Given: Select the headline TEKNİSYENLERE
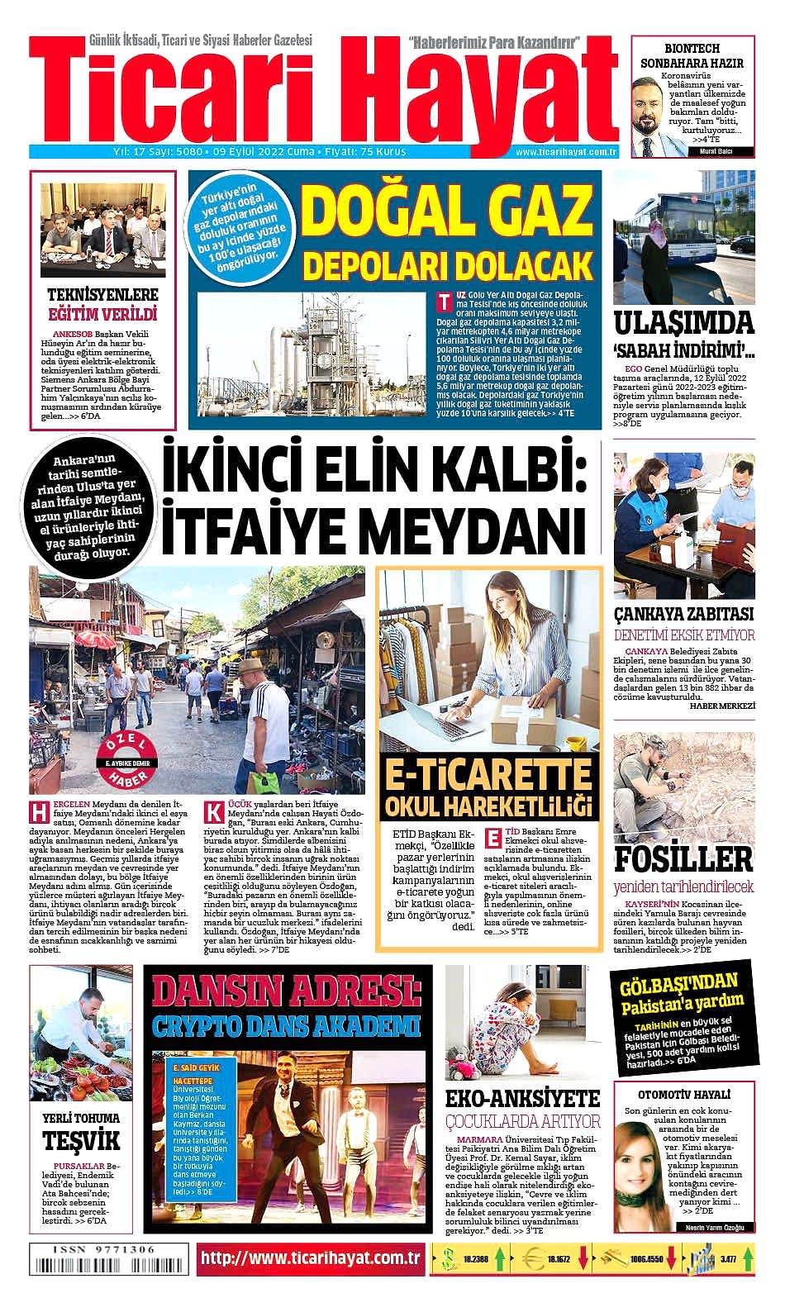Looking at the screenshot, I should pos(102,295).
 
